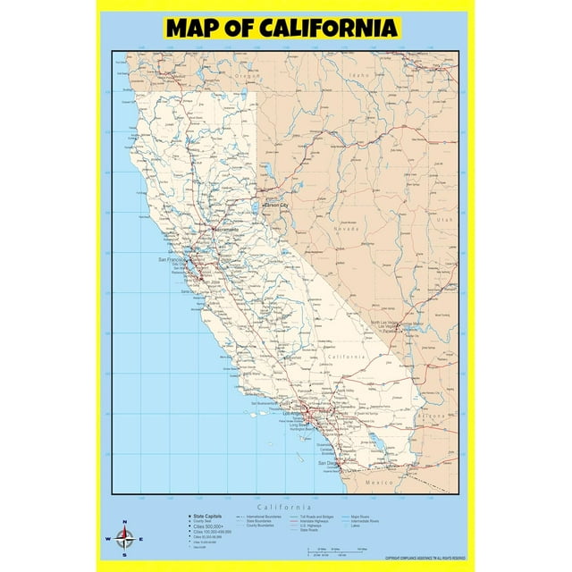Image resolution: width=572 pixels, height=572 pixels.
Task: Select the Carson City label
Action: [276, 206]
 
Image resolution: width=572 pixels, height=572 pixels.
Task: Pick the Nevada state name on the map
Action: [346, 229]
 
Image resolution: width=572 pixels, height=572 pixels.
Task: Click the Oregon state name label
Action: [247, 77]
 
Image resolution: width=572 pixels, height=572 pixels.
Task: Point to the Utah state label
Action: [445, 219]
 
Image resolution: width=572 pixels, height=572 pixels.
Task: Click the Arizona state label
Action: [434, 416]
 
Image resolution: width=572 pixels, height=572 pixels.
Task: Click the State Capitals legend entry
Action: [205, 517]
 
